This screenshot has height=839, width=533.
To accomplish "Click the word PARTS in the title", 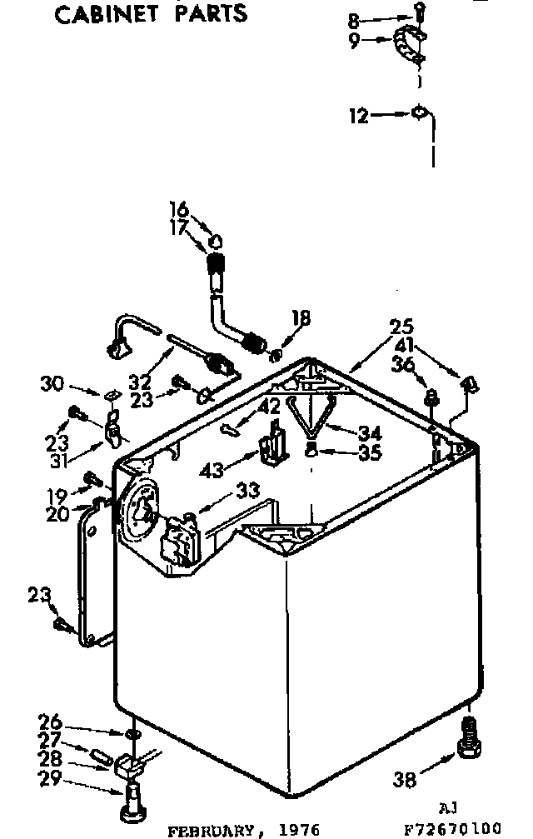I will (214, 13).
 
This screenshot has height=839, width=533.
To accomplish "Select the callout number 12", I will (358, 117).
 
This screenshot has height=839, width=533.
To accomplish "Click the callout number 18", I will (301, 317).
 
